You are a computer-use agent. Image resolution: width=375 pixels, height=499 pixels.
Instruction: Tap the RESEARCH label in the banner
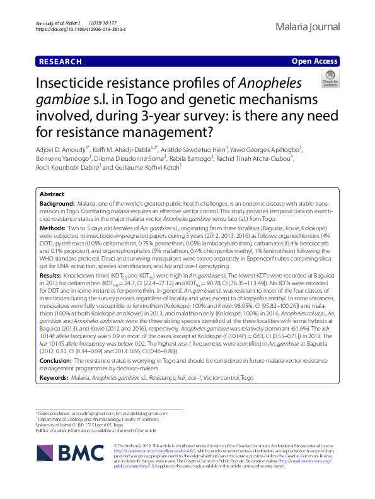coord(60,62)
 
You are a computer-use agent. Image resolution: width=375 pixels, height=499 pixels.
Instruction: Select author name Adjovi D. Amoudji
coord(66,149)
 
